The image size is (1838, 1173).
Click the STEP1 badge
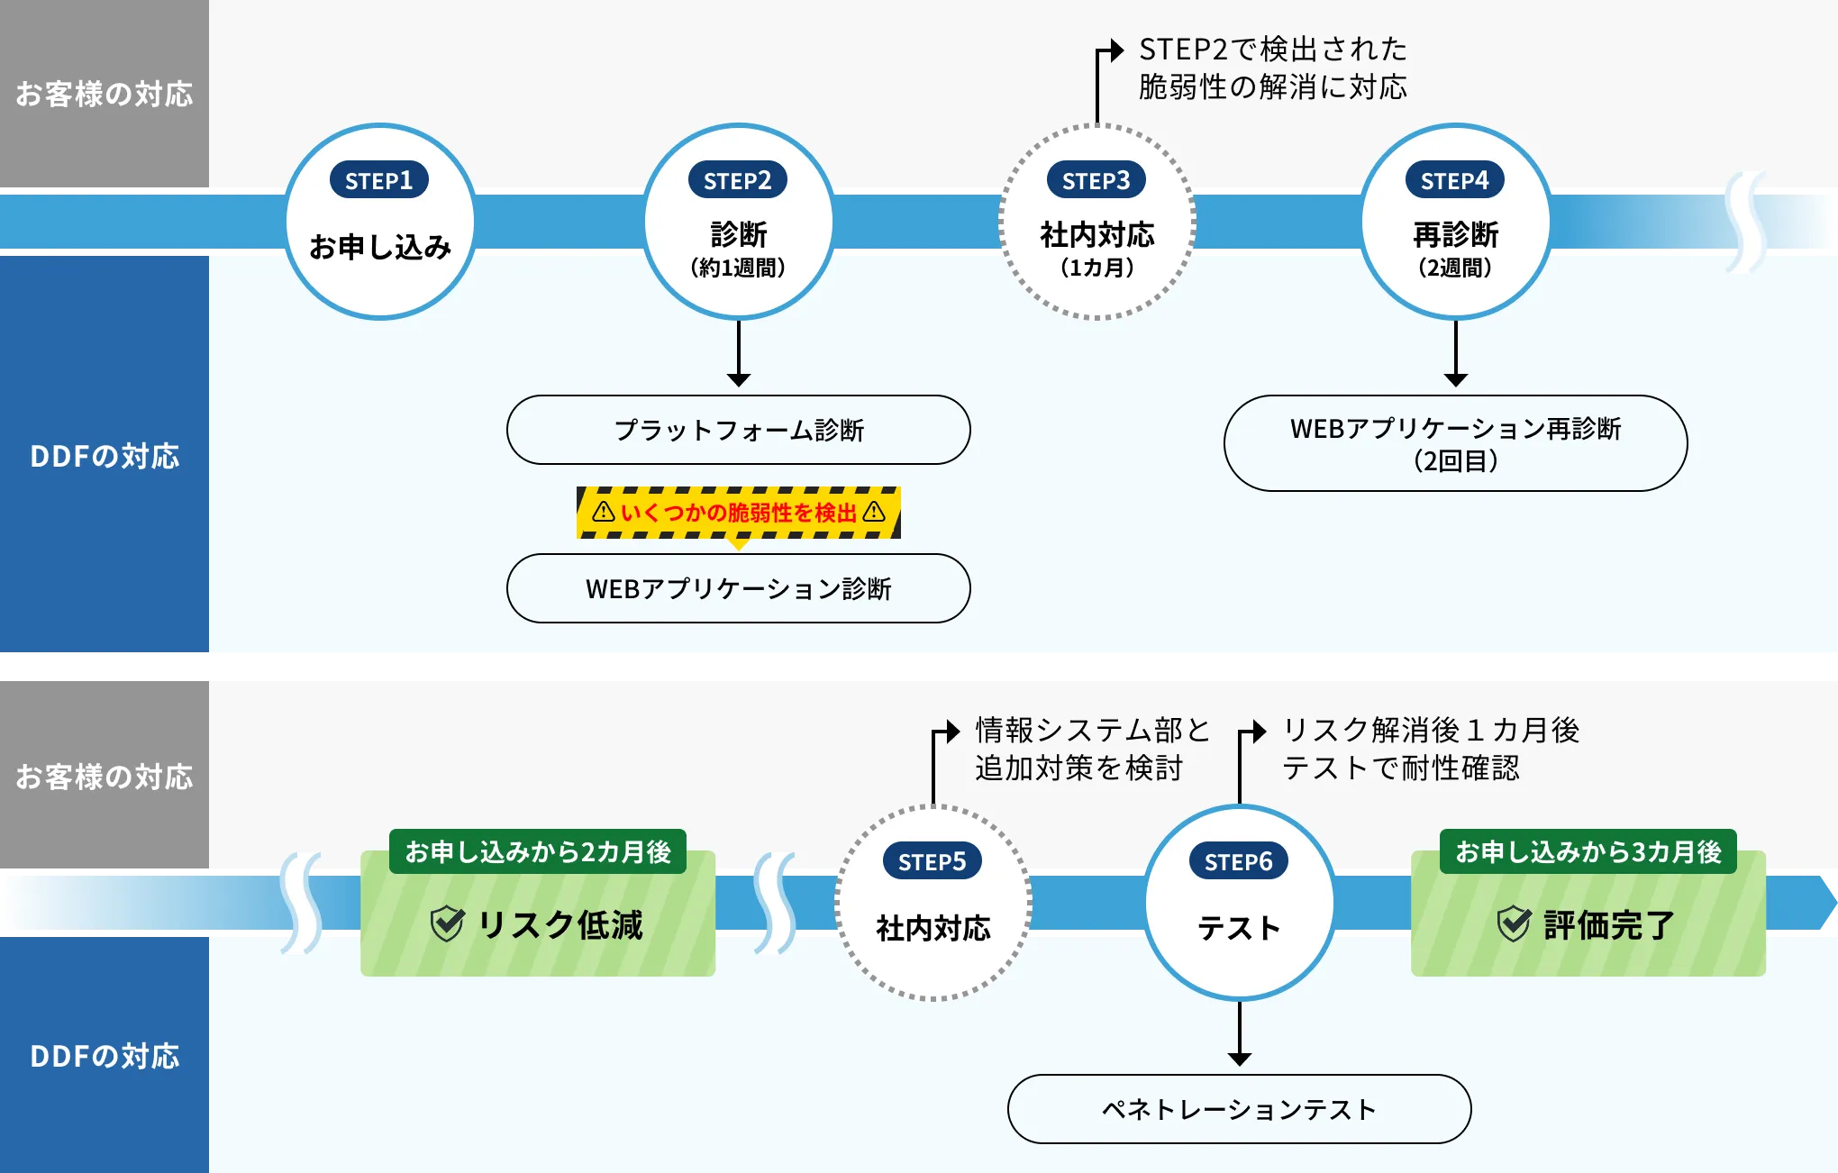379,180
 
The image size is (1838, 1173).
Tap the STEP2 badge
738,180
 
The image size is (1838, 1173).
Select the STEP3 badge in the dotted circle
1096,180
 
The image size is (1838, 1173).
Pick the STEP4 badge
1454,180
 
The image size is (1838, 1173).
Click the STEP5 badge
933,861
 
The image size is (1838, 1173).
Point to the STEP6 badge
1239,861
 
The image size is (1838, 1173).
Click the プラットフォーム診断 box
738,430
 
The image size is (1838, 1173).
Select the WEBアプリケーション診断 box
738,588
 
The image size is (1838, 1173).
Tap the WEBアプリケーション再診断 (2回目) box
1455,443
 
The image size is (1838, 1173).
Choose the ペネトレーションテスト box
1239,1109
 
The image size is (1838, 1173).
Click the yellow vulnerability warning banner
738,513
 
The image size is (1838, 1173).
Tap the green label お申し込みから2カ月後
538,851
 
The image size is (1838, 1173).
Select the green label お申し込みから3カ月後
1588,851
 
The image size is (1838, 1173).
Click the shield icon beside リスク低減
447,924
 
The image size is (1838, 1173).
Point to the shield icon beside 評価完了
1514,924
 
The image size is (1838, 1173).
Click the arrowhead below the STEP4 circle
1455,380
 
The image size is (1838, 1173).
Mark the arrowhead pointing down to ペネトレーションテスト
1239,1059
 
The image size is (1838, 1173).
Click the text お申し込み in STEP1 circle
380,246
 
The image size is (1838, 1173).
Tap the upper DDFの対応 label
105,456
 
